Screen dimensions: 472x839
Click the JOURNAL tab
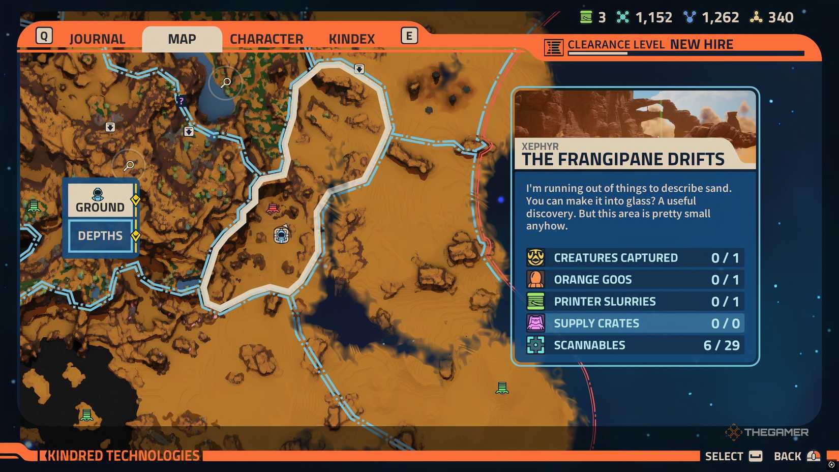pos(97,39)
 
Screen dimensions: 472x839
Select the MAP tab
pos(182,39)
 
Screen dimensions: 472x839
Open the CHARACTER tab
pos(266,39)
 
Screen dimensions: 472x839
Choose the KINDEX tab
pos(351,39)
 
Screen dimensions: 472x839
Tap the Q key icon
pos(44,36)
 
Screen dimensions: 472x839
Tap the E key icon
pos(409,36)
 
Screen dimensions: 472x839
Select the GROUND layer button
pos(100,200)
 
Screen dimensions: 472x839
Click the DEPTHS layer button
pos(100,236)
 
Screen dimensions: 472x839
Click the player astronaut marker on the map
pos(281,234)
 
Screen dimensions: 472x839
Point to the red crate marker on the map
pos(273,208)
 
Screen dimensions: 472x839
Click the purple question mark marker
pos(181,101)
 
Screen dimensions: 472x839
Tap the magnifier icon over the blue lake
pos(226,82)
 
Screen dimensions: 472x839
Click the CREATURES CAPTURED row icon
pos(535,258)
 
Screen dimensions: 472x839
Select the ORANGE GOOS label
pos(592,280)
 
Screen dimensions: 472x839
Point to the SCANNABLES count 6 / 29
pos(721,345)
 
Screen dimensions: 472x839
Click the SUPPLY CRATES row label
pos(596,323)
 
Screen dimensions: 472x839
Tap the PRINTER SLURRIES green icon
pos(535,302)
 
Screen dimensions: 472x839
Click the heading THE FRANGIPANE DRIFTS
pos(623,160)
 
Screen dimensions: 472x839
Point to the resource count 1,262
pos(720,18)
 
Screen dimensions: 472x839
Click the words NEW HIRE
pos(701,45)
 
